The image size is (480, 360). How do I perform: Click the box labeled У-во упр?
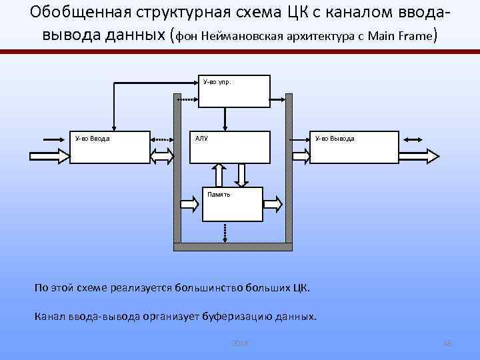237,91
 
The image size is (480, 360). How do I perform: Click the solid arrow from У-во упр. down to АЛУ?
226,118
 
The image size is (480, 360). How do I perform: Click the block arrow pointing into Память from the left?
191,201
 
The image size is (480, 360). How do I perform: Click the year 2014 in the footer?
239,343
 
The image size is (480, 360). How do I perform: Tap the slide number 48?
447,343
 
